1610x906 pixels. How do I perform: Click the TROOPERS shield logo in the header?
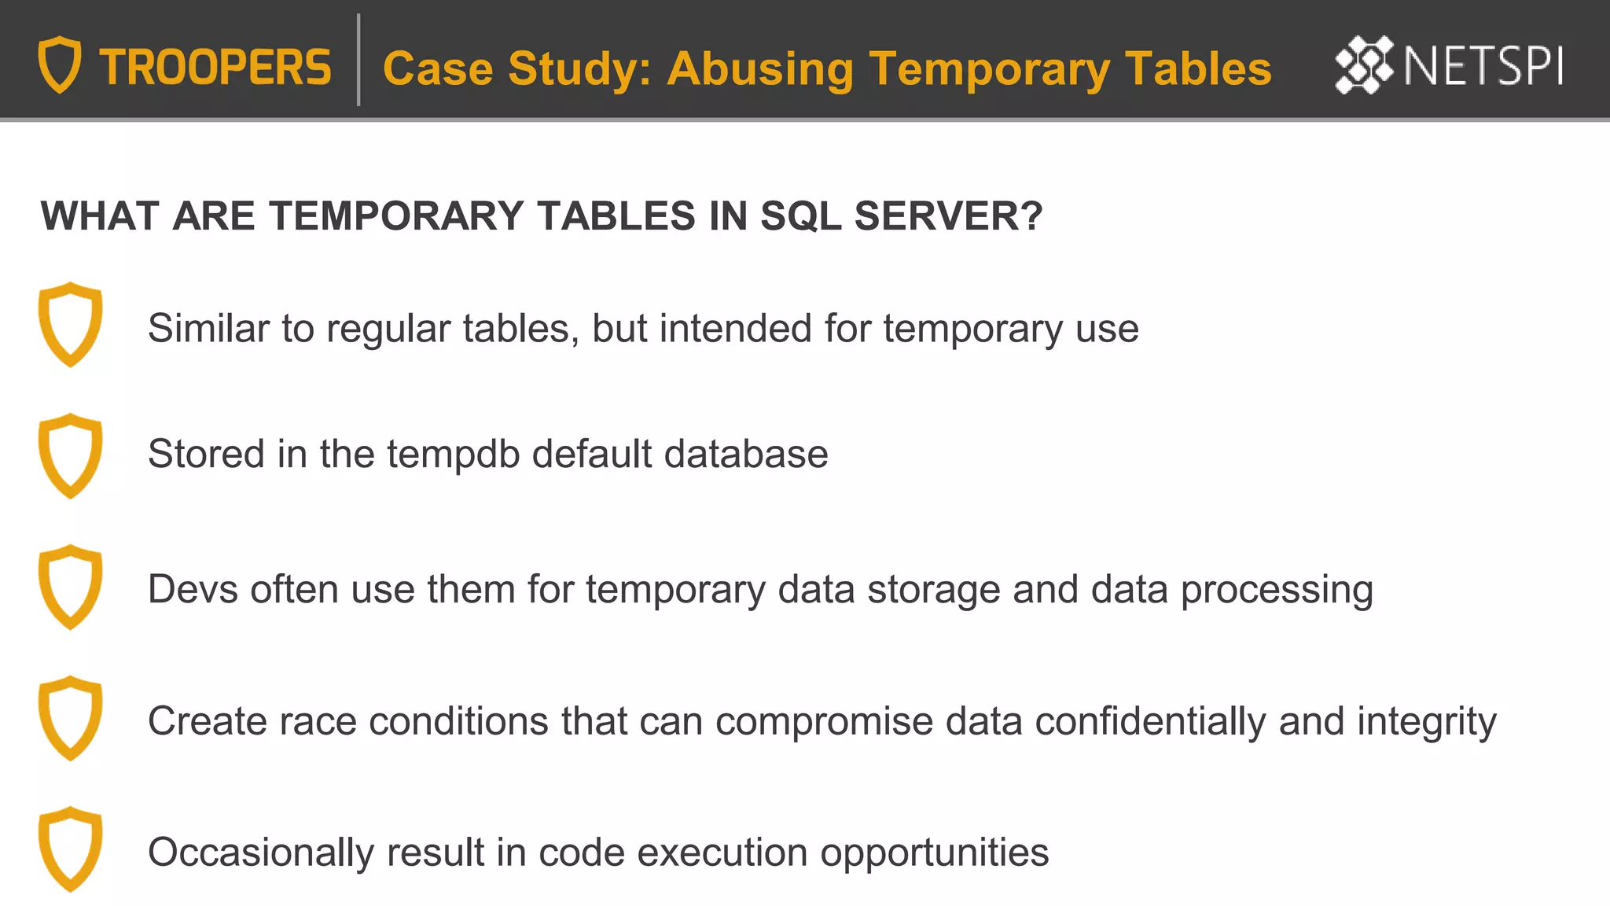coord(60,64)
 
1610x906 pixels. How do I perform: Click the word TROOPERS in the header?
coord(215,68)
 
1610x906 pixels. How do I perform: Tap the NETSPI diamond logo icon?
coord(1364,64)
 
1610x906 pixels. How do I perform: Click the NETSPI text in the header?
coord(1483,66)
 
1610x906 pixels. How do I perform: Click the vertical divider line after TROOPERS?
coord(358,60)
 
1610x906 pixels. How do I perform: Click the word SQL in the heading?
coord(800,216)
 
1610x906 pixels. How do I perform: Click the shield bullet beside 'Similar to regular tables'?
coord(71,324)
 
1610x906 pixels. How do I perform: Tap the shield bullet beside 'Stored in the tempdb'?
coord(71,455)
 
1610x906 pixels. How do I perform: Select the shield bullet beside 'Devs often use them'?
coord(71,587)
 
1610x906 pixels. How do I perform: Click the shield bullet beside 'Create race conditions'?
coord(71,717)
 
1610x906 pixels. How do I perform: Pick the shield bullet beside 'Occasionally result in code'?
coord(71,849)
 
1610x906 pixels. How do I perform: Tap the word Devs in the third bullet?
coord(193,589)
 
